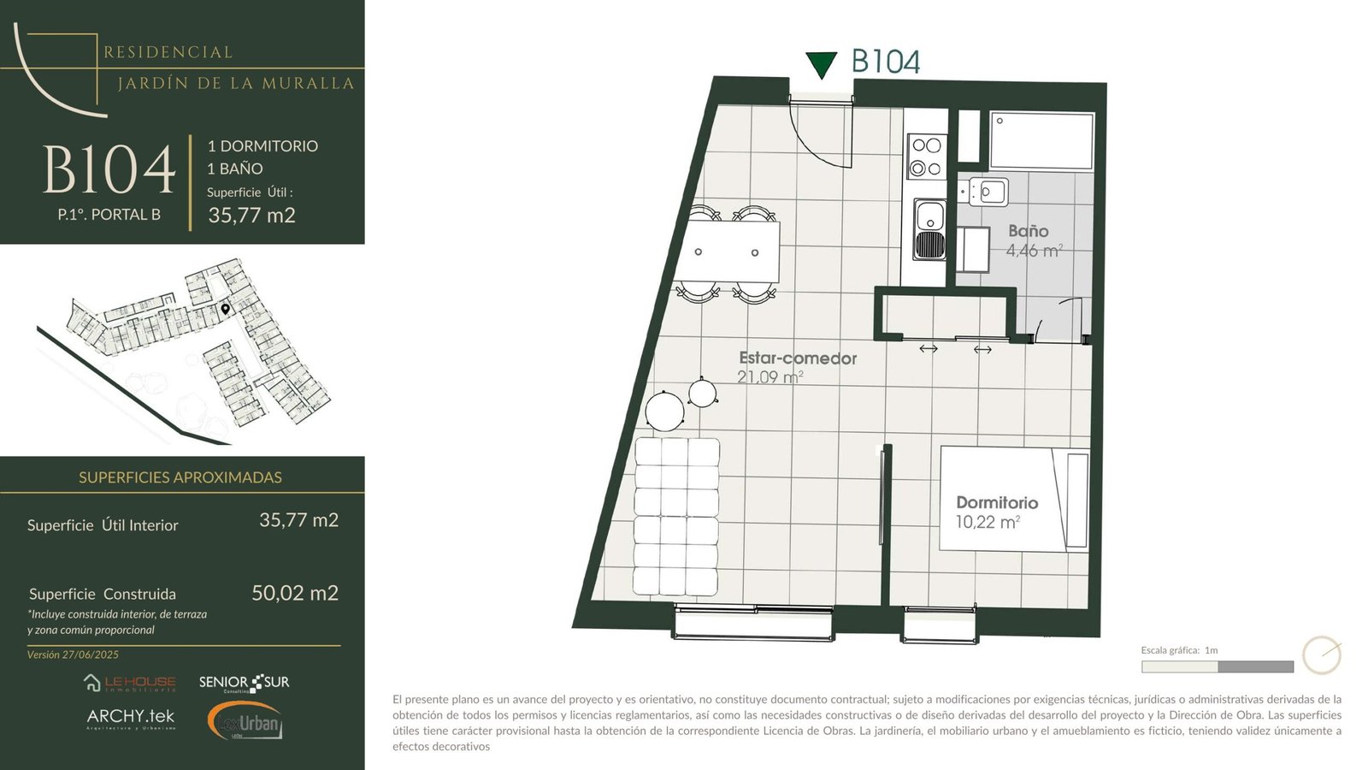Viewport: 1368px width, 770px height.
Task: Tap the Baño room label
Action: point(1029,231)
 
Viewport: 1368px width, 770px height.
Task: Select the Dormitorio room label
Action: point(997,502)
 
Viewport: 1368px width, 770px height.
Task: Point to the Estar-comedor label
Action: point(798,358)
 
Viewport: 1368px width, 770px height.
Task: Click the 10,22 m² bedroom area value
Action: point(988,522)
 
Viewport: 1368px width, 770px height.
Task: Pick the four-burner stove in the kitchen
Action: point(927,157)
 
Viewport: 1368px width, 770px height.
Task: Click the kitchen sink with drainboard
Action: point(929,229)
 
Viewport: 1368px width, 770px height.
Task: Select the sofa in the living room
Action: point(676,517)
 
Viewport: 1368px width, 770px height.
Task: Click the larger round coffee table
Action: point(664,412)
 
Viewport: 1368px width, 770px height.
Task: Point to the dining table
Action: point(730,252)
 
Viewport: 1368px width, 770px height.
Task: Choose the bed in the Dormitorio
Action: point(1014,499)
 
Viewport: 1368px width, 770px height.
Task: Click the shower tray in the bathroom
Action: point(1041,140)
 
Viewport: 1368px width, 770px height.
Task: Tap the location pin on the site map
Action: point(226,309)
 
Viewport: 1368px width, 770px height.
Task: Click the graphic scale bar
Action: point(1218,666)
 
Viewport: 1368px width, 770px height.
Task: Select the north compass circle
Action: point(1322,655)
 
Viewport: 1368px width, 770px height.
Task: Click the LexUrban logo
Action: point(245,721)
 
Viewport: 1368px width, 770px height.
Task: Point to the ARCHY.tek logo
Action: point(131,719)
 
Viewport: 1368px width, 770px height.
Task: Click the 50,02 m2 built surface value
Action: point(295,593)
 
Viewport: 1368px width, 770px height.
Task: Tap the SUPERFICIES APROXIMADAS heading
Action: point(180,477)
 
